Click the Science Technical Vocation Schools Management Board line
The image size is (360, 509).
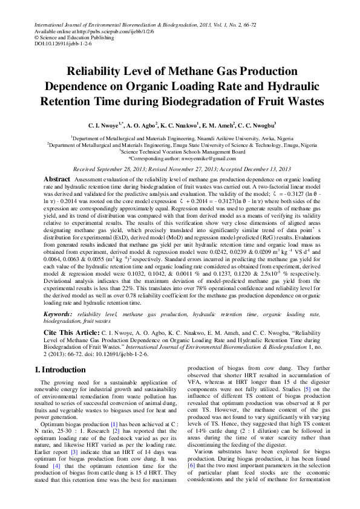180,152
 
